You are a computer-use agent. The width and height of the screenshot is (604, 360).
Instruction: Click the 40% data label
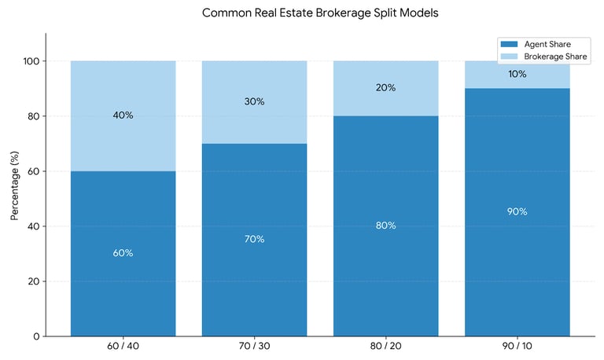coord(123,116)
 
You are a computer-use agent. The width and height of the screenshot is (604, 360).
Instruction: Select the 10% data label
coord(517,75)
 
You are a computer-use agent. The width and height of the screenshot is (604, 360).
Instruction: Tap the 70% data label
coord(254,239)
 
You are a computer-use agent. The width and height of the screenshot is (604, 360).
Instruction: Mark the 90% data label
coord(517,211)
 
